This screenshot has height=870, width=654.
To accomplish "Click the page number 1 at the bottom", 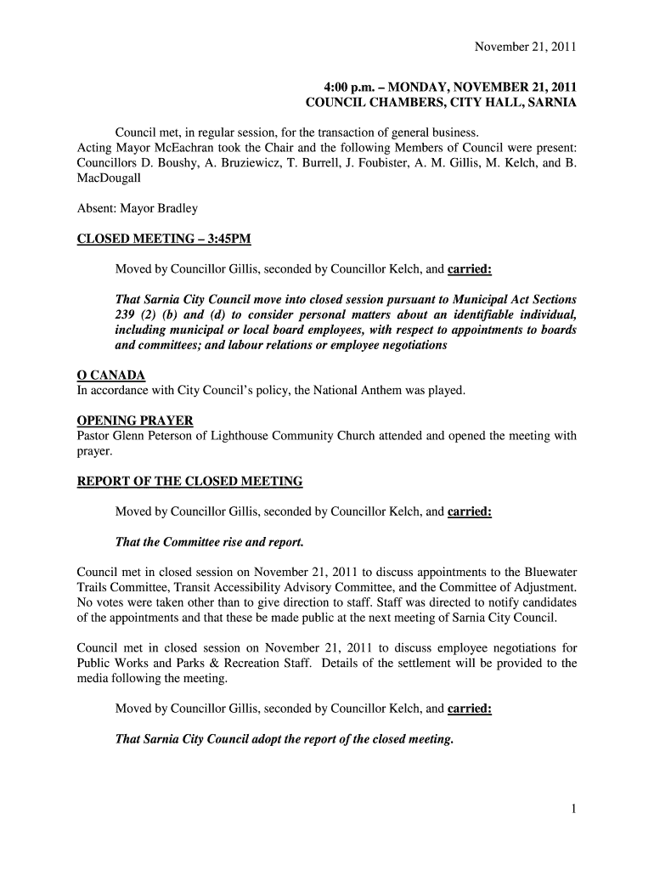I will (574, 811).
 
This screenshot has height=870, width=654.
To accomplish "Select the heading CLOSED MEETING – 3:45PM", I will (164, 239).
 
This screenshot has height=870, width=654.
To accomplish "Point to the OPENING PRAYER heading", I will (134, 421).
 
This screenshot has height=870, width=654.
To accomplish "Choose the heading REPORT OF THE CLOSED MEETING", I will (189, 482).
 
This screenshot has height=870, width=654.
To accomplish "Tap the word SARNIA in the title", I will (550, 103).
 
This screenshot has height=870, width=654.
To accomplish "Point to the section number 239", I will (126, 315).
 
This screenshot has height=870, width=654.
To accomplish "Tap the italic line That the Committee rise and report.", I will (209, 542).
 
